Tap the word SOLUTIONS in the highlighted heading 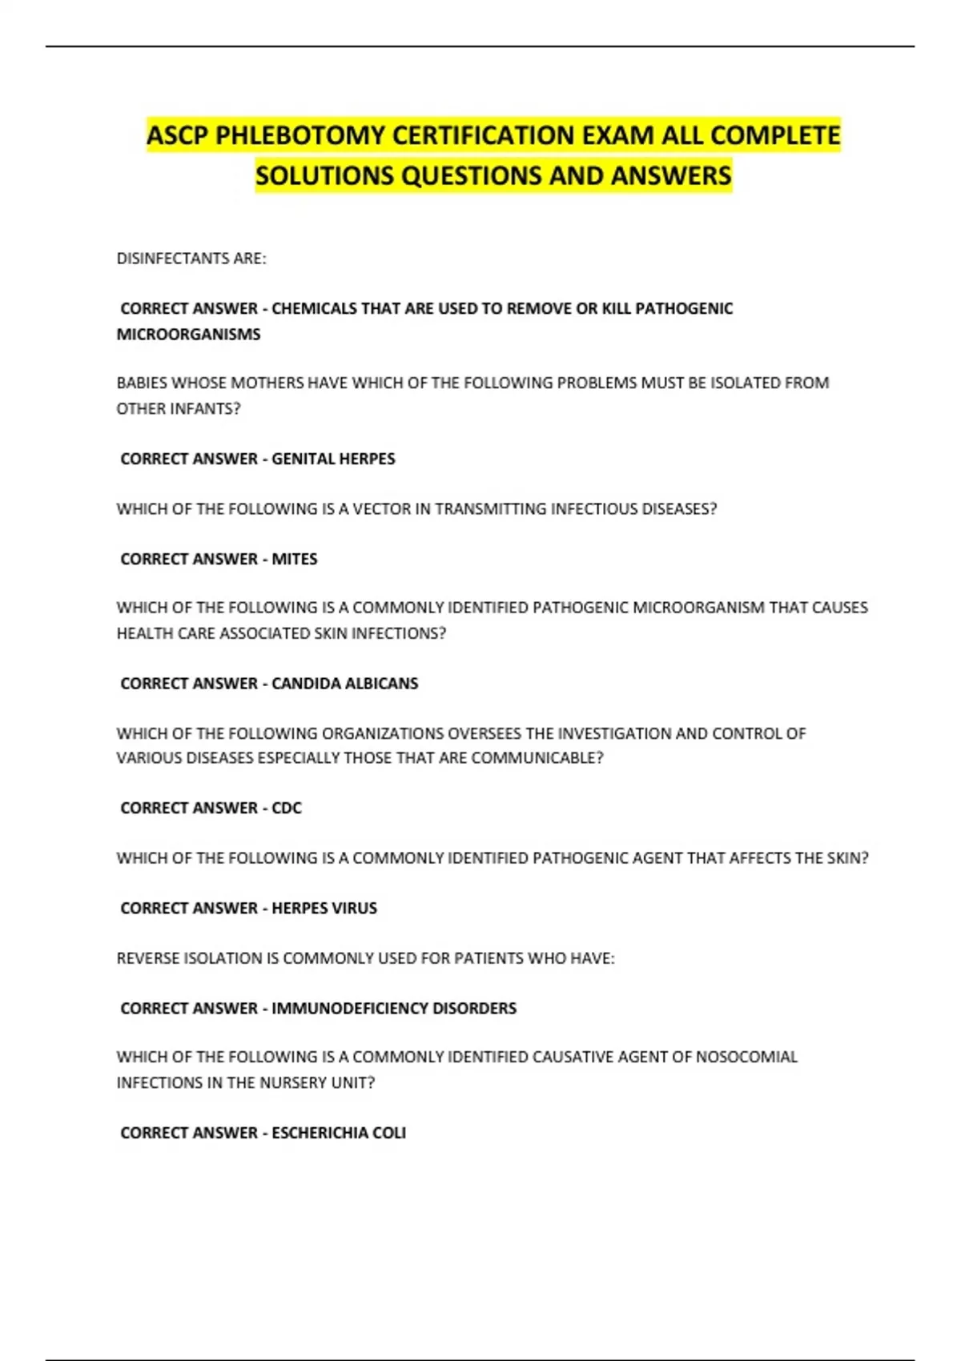[324, 175]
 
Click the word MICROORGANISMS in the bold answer [188, 334]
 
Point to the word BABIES [142, 383]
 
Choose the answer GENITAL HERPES [333, 459]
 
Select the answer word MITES [294, 559]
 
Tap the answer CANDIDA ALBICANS [344, 683]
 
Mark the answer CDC [287, 808]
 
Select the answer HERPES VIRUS [324, 908]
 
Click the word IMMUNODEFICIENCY [350, 1008]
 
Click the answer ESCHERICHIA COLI [338, 1133]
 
